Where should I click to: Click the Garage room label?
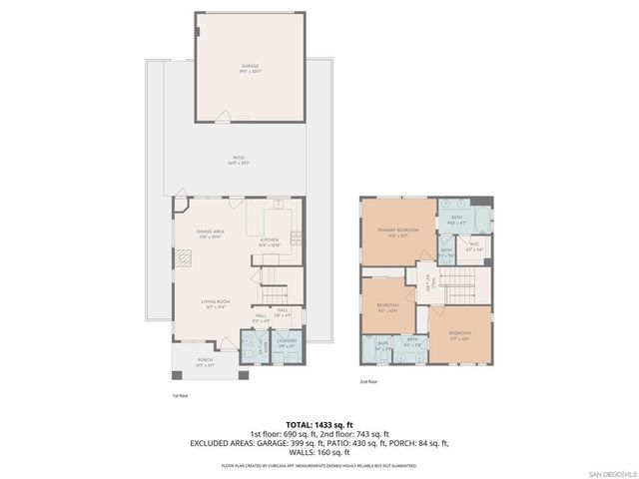236,69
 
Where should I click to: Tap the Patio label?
239,158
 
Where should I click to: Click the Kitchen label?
269,240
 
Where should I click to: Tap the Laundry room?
288,345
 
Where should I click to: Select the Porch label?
205,361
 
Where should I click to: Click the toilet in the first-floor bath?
246,339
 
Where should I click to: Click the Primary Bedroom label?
397,233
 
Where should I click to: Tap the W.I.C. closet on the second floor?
474,248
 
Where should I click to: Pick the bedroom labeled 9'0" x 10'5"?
387,306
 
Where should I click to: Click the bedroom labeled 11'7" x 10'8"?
460,334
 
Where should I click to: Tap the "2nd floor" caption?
369,381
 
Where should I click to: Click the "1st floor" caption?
181,395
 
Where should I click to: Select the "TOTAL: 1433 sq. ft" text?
319,425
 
